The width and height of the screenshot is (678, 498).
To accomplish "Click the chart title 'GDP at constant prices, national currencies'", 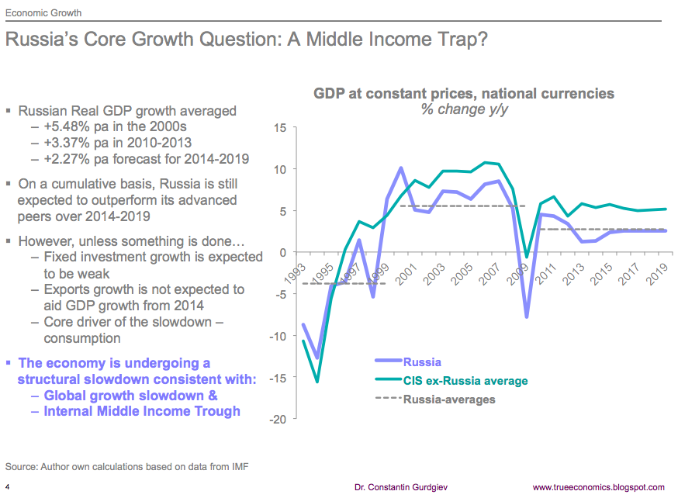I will (463, 94).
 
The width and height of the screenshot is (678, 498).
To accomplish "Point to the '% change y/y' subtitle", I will (463, 109).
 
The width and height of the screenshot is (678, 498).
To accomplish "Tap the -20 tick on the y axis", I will (278, 419).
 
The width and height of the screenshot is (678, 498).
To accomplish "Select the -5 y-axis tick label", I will (281, 294).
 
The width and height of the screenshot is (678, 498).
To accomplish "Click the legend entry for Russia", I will (422, 361).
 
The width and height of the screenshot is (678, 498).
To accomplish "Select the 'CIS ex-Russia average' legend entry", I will (465, 381).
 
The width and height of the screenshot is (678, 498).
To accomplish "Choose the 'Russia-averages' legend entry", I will (449, 400).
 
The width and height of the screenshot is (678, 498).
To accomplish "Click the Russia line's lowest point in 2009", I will (528, 317).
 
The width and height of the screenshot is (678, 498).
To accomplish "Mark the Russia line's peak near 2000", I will (401, 168).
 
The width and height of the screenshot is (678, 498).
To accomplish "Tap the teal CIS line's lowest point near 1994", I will (317, 382).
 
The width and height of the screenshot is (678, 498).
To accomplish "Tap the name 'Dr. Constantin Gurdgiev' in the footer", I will (402, 487).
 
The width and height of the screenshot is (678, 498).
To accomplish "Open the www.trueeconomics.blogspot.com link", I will (599, 487).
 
